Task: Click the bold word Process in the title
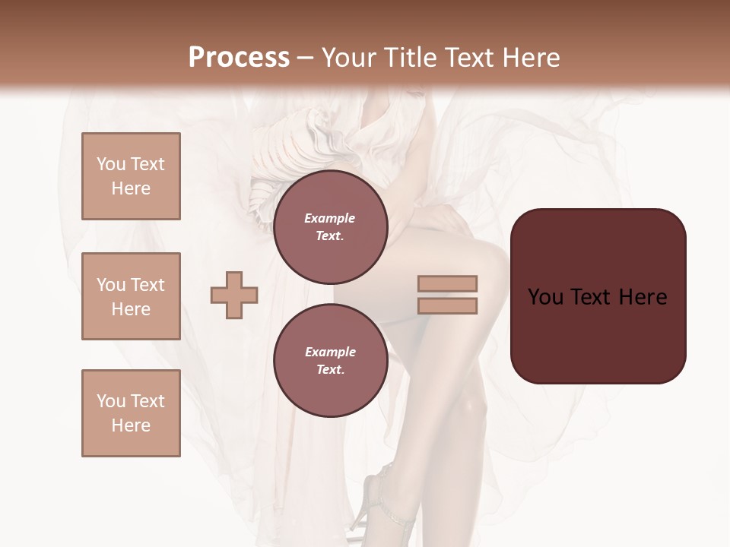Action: click(239, 58)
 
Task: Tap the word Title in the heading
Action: click(411, 58)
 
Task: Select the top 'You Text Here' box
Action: click(131, 176)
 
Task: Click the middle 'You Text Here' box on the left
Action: click(131, 296)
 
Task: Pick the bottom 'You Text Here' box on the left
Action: click(131, 413)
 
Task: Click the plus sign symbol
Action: click(234, 295)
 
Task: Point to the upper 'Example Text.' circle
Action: click(330, 227)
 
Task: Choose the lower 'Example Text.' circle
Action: click(330, 360)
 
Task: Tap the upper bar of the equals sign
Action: click(448, 284)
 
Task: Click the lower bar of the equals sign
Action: click(448, 305)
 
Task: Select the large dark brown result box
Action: click(598, 296)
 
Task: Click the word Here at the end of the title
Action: click(532, 58)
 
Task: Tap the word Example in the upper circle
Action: click(330, 218)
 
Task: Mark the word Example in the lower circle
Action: click(330, 352)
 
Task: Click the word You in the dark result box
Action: click(545, 296)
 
